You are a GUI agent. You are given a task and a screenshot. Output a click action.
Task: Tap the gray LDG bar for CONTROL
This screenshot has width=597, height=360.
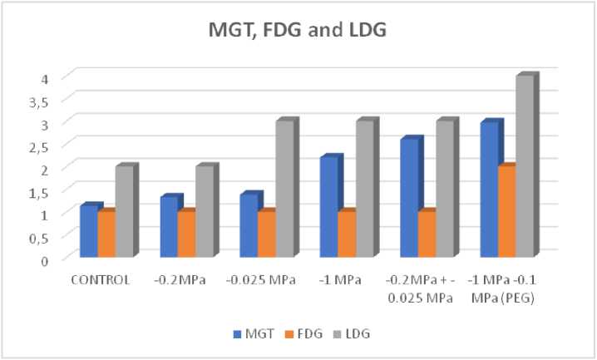point(124,211)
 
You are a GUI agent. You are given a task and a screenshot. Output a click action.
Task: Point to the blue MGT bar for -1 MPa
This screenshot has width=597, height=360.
point(329,207)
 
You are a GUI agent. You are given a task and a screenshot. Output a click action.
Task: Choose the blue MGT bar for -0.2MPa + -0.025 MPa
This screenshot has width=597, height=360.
point(409,199)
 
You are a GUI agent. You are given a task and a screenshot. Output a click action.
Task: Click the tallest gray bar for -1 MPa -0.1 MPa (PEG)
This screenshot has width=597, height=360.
point(525,166)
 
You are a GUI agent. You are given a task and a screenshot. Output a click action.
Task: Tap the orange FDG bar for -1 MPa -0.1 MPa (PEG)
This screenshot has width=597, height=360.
point(506,211)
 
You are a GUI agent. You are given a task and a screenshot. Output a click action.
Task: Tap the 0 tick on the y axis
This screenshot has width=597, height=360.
point(47,259)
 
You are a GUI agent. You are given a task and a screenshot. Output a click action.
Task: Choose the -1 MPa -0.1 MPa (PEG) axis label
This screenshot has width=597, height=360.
point(505,287)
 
